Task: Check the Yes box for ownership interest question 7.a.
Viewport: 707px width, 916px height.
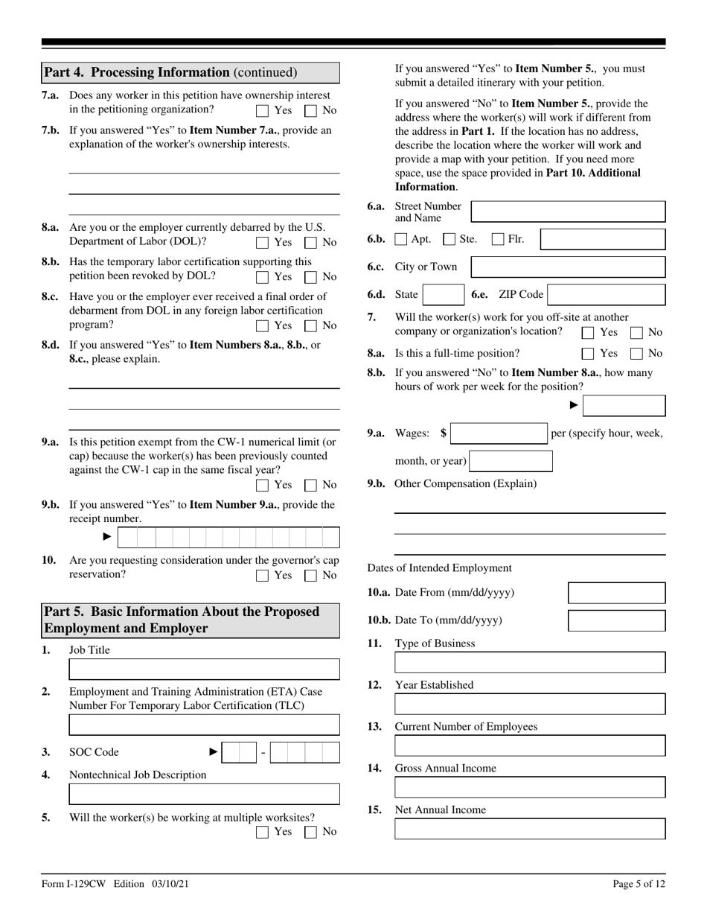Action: click(x=262, y=111)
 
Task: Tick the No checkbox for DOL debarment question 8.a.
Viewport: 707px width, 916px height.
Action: click(x=311, y=243)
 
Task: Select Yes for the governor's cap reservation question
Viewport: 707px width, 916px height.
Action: click(x=262, y=576)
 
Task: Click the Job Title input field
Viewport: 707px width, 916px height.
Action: click(x=204, y=669)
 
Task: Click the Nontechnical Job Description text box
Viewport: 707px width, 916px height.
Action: click(x=204, y=794)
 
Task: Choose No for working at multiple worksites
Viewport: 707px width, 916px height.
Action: click(x=311, y=832)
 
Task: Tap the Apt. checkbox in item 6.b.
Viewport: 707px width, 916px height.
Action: click(x=401, y=240)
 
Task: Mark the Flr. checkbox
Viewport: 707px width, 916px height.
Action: click(x=498, y=240)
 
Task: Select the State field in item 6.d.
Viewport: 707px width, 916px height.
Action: click(x=444, y=295)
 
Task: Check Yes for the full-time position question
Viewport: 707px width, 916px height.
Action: click(x=588, y=354)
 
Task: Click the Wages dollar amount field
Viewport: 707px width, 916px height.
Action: click(x=499, y=433)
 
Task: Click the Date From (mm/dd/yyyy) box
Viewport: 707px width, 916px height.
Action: click(x=616, y=594)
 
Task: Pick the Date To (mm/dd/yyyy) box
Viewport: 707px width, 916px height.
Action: click(x=616, y=620)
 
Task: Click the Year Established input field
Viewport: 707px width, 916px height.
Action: click(x=530, y=705)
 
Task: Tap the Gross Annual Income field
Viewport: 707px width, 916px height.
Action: click(x=530, y=788)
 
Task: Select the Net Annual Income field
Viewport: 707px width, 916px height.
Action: click(x=530, y=830)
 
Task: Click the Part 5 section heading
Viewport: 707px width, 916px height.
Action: click(x=191, y=620)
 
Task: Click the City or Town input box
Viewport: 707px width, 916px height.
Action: click(x=569, y=267)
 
